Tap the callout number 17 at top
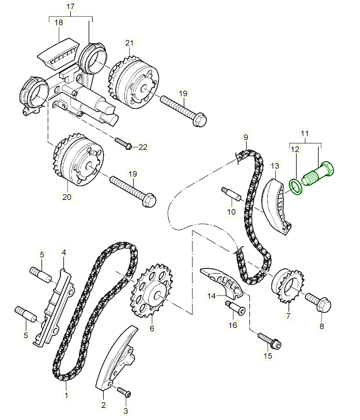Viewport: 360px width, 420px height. pos(70,6)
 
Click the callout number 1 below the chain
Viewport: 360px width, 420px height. pos(66,396)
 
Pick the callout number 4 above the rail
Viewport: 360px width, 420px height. pos(63,252)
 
